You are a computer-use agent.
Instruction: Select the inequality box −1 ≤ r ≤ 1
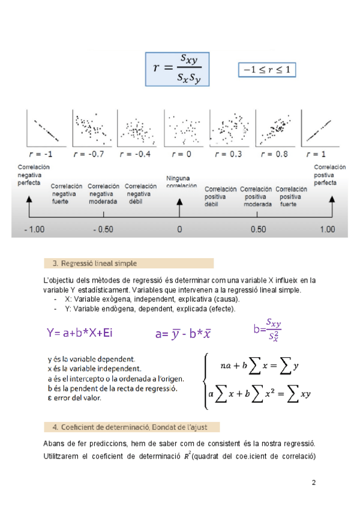point(267,70)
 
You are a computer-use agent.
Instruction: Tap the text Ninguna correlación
point(181,182)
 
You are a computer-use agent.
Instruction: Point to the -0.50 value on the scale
point(103,230)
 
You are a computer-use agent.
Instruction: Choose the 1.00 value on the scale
point(328,230)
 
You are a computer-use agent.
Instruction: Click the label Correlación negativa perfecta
point(34,175)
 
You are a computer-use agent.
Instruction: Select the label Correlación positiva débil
point(220,196)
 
